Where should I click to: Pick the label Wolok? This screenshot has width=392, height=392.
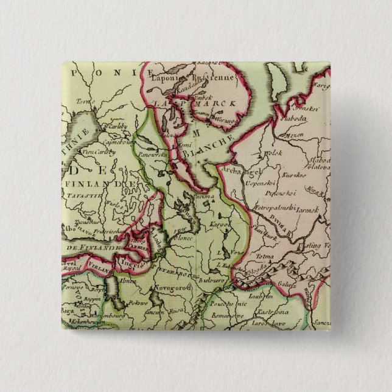tap(275, 153)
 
